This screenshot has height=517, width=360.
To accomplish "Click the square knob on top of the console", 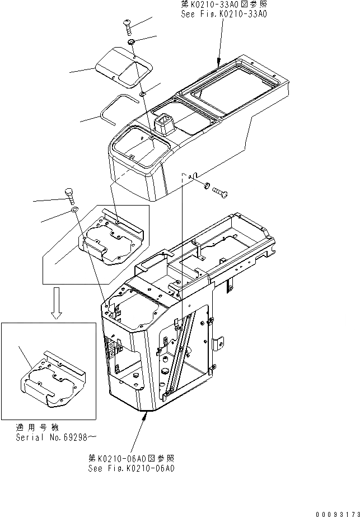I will (165, 124).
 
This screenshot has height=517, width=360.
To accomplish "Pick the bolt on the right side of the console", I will (218, 192).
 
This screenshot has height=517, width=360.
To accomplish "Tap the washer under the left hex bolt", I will (74, 210).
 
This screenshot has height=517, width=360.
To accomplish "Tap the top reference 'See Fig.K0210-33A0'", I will (223, 14).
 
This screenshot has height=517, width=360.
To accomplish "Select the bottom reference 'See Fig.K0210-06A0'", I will (131, 468).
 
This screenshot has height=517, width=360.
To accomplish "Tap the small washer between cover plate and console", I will (144, 92).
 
